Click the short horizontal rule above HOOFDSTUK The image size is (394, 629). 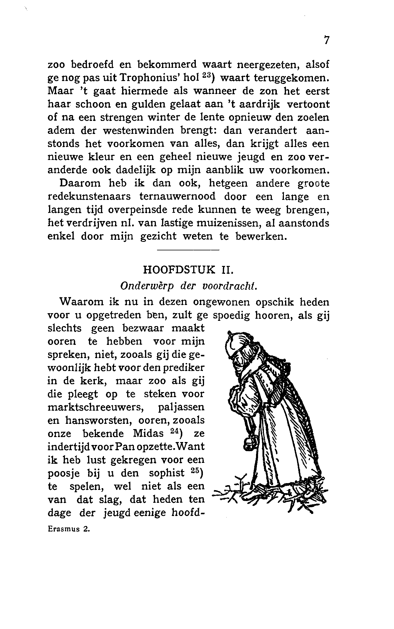(188, 250)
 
